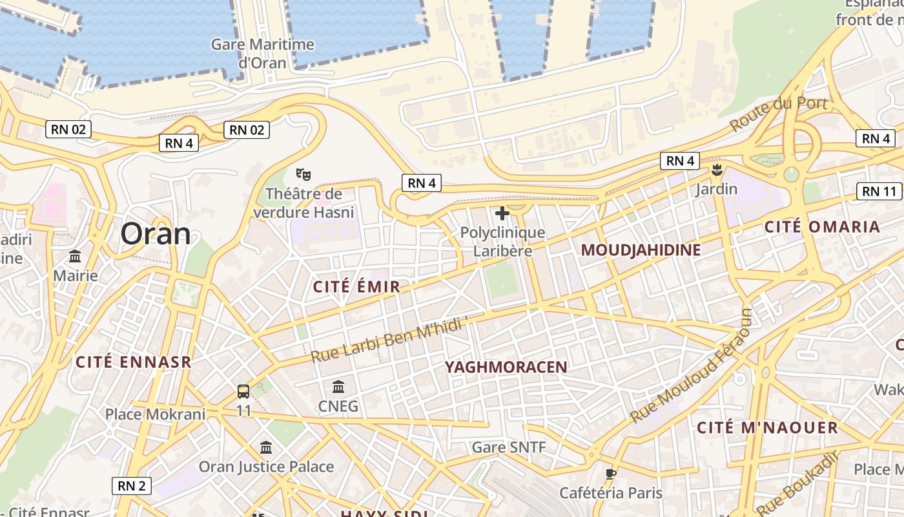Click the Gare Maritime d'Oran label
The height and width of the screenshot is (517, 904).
(263, 54)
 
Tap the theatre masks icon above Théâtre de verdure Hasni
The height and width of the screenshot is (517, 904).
(303, 174)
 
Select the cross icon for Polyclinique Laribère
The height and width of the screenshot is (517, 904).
(502, 213)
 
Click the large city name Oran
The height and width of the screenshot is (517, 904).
(156, 233)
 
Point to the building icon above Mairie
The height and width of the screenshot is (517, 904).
(75, 256)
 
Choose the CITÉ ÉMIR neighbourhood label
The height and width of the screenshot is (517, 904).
(356, 287)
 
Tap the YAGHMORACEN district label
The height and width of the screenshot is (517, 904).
(506, 367)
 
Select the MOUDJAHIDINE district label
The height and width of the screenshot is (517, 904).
(641, 250)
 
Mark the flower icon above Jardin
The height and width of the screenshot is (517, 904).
(716, 171)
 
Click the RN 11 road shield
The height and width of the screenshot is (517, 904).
(879, 191)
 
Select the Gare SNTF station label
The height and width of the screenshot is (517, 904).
(509, 447)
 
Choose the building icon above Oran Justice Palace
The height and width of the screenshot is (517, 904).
(266, 447)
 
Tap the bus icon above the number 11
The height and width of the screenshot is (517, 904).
(243, 392)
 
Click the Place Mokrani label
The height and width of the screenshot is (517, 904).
(155, 414)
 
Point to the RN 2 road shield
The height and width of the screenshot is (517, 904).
(132, 486)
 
